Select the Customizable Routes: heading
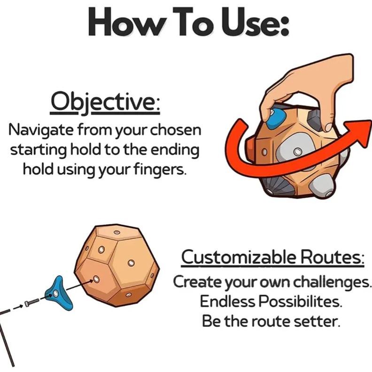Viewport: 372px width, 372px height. point(272,257)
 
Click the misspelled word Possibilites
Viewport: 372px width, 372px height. point(300,302)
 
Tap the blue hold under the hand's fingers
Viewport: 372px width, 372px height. point(275,119)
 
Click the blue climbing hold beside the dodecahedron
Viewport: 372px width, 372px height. point(58,293)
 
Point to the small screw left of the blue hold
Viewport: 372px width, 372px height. point(31,302)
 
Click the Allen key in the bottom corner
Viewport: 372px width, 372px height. point(7,337)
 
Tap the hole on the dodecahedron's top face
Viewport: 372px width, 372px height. point(117,232)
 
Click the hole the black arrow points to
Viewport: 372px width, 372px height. point(96,279)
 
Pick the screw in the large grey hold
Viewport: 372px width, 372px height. point(297,151)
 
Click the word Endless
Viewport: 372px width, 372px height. point(227,302)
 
